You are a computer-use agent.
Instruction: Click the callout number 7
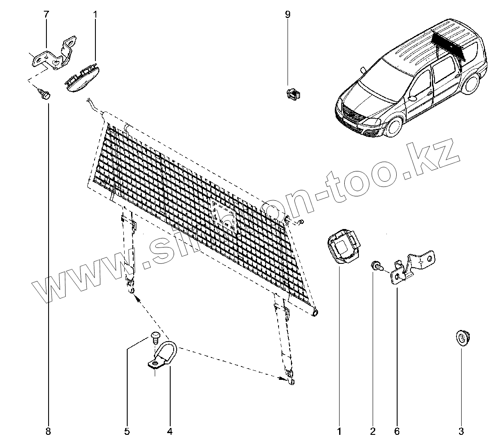pyautogui.click(x=46, y=15)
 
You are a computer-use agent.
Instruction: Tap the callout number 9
pyautogui.click(x=288, y=15)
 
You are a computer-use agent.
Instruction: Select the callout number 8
pyautogui.click(x=48, y=431)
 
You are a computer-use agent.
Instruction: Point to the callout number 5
pyautogui.click(x=127, y=431)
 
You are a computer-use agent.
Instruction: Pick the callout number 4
pyautogui.click(x=170, y=431)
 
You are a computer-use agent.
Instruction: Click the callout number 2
pyautogui.click(x=373, y=431)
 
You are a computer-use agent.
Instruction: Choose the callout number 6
pyautogui.click(x=397, y=431)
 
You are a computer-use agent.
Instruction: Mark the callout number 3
pyautogui.click(x=461, y=431)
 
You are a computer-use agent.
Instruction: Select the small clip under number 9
pyautogui.click(x=293, y=94)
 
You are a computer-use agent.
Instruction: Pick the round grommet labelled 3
pyautogui.click(x=462, y=338)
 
